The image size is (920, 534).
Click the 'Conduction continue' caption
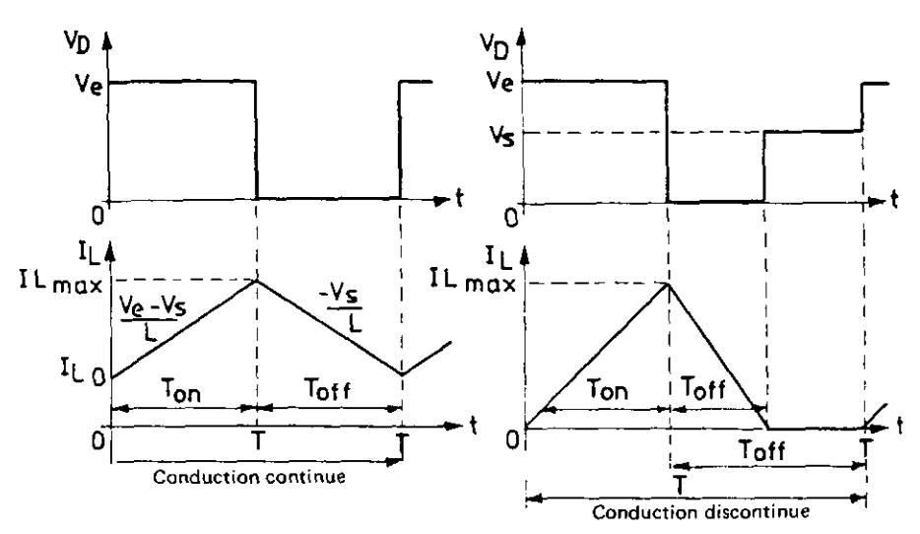pos(249,477)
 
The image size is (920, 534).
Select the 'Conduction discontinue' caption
pos(700,511)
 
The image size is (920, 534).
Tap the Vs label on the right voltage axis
pos(501,136)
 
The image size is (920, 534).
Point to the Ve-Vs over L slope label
pos(152,317)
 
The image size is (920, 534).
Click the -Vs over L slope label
pos(342,308)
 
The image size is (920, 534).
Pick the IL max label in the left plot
pos(61,283)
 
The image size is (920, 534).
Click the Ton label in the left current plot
pos(181,389)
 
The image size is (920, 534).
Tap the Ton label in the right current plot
pos(608,389)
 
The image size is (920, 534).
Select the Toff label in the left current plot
pos(327,388)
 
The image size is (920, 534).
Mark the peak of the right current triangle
pos(668,284)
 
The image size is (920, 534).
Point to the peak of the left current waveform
pos(256,281)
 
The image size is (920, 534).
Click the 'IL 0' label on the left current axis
pos(84,370)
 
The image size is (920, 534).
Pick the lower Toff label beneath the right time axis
pos(762,450)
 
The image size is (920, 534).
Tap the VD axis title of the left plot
pos(78,42)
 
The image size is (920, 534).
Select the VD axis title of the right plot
pos(494,45)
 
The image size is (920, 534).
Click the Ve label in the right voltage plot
pos(500,81)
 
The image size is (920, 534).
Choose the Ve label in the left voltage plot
pos(90,84)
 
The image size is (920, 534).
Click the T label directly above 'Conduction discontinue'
pos(680,486)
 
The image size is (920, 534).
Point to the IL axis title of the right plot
pos(498,256)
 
